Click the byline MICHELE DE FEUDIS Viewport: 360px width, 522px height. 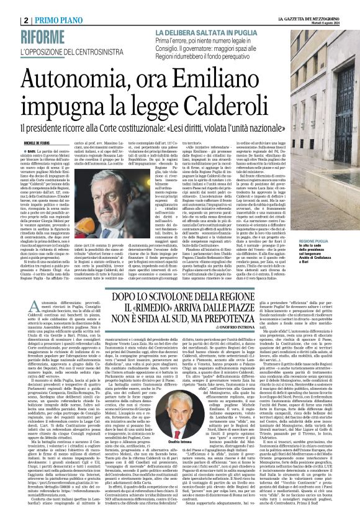(23, 142)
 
